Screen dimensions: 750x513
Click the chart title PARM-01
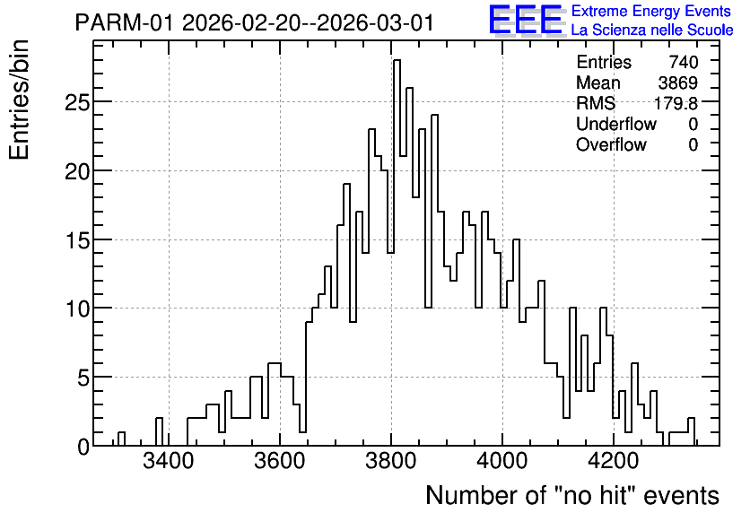point(125,22)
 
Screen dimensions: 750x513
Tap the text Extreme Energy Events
point(651,11)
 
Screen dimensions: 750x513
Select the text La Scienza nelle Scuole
point(652,30)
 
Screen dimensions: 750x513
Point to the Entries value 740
point(684,62)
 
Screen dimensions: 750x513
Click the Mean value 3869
point(677,83)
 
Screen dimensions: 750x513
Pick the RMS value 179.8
point(676,103)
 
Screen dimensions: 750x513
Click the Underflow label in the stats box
point(616,125)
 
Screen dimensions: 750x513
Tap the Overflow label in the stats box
point(611,145)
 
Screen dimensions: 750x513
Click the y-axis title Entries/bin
point(19,100)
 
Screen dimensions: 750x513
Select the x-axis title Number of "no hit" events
point(572,495)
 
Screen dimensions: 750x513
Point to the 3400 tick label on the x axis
point(169,462)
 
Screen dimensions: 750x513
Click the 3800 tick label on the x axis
point(392,462)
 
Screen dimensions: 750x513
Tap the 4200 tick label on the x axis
point(614,462)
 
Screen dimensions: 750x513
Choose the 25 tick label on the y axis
point(77,102)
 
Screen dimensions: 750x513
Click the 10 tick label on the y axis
point(77,309)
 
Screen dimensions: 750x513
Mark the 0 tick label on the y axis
point(83,447)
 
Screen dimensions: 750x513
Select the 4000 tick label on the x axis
point(502,462)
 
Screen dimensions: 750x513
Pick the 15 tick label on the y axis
point(77,240)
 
